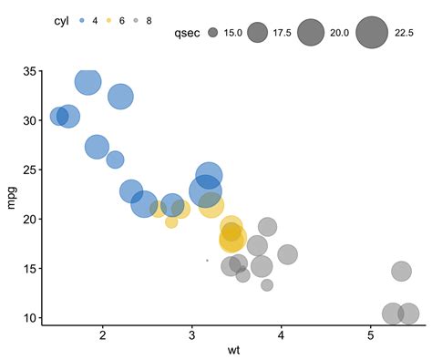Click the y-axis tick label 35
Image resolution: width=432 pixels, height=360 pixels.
tap(29, 71)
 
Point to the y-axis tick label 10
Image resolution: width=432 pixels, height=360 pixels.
tap(29, 318)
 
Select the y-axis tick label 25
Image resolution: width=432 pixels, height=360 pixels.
tap(29, 170)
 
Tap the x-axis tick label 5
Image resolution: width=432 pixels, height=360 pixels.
tap(371, 336)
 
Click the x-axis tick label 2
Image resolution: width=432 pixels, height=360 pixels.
tap(103, 336)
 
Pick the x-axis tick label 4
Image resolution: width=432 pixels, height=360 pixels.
tap(282, 336)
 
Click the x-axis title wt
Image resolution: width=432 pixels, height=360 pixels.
tap(234, 351)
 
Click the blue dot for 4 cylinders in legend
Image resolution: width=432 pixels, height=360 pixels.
tap(81, 19)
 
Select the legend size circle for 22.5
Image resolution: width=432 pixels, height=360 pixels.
tap(372, 34)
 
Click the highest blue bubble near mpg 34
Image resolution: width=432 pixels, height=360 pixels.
tap(87, 82)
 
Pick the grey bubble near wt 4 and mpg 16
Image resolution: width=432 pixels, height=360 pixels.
tap(287, 254)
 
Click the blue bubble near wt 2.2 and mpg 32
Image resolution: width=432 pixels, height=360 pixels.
tap(120, 96)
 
